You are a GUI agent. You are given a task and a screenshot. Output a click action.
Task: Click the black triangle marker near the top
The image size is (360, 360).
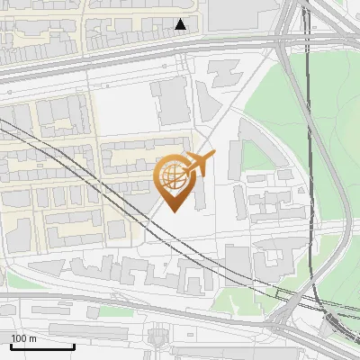(181, 24)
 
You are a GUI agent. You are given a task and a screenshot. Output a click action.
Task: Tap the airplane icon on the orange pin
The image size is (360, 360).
(199, 164)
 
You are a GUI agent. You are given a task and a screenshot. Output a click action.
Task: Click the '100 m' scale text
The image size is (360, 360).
(23, 338)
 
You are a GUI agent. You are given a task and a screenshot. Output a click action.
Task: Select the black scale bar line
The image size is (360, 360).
(42, 346)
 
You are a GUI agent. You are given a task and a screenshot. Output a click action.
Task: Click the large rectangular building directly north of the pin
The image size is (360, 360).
(171, 100)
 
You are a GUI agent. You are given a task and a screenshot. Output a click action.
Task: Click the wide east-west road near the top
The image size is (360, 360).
(135, 67)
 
